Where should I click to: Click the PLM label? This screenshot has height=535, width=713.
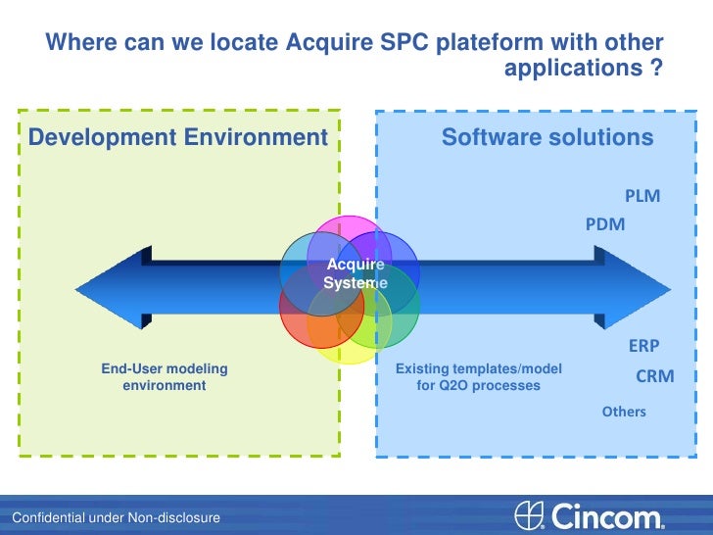click(642, 196)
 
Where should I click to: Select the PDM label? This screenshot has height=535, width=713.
click(604, 224)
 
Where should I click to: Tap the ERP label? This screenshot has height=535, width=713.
click(643, 346)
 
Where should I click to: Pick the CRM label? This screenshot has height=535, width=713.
click(654, 376)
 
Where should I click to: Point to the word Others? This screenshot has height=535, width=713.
click(624, 412)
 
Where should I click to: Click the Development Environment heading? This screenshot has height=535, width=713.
click(177, 137)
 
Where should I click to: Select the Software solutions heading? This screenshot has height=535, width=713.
click(547, 137)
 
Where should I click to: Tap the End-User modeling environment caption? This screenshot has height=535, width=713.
click(164, 377)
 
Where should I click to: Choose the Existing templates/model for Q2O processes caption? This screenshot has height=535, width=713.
click(478, 377)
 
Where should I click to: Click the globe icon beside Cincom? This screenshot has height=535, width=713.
click(529, 515)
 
